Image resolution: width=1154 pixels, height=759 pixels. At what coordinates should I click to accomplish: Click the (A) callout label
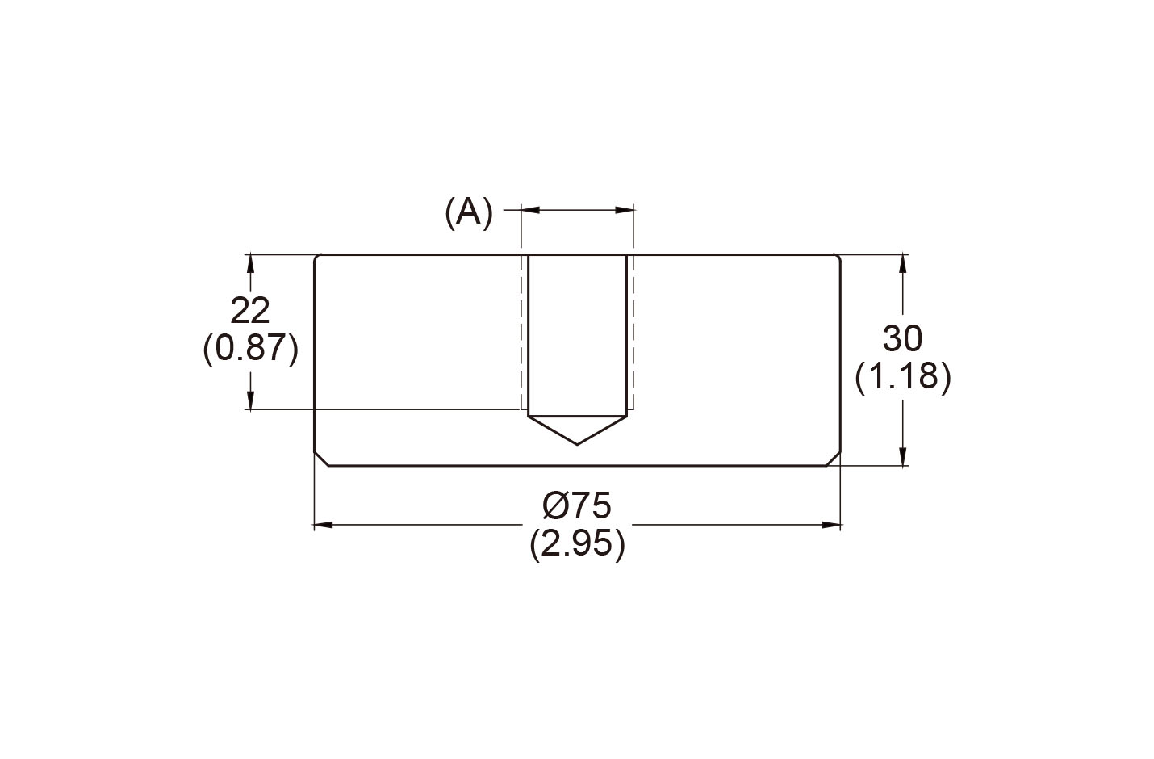(468, 212)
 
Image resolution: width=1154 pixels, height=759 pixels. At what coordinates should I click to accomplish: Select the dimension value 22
(250, 311)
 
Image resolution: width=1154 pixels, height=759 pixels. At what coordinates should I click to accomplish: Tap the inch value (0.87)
(251, 349)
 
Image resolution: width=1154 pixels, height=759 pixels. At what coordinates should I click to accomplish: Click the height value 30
(902, 339)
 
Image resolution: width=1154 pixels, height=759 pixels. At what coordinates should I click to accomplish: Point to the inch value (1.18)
(903, 377)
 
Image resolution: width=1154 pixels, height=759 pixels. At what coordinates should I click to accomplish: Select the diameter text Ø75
(577, 506)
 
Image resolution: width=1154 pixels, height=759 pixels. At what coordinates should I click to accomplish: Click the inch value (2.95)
(577, 544)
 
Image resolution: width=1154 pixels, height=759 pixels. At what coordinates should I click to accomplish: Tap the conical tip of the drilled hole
(578, 442)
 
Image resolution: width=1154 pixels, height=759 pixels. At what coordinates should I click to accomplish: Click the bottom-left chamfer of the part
(321, 458)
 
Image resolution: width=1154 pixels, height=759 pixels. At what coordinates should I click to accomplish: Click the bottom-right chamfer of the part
(834, 458)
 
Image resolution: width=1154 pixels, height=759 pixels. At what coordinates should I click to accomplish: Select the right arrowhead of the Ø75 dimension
(832, 526)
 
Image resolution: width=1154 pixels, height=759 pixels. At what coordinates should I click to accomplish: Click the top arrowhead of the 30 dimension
(902, 264)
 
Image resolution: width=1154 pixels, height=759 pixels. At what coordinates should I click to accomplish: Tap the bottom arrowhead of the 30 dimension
(902, 456)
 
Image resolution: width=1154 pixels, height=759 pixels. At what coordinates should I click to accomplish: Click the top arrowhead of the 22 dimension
(251, 264)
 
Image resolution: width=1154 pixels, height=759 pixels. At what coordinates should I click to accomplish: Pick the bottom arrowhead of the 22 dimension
(251, 400)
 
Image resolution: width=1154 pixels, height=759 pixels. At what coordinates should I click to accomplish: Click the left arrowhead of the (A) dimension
(530, 210)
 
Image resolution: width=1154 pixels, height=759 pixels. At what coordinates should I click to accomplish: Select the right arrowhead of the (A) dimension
(625, 210)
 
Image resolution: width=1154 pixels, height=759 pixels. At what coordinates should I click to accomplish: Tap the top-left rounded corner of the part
(316, 258)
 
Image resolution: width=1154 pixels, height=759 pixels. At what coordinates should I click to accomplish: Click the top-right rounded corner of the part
(838, 258)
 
